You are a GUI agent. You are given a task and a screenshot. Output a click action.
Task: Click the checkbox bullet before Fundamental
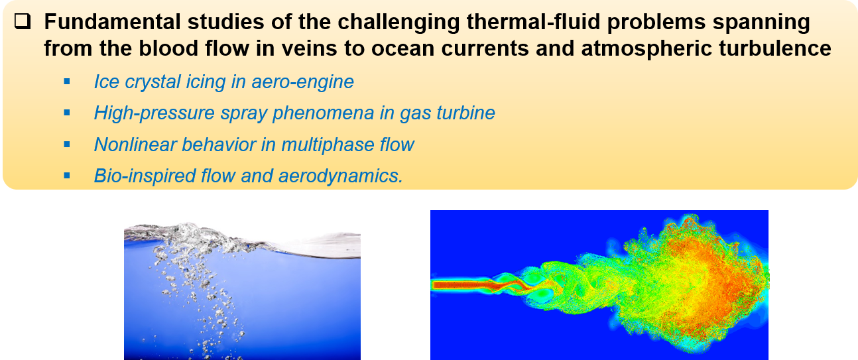[23, 21]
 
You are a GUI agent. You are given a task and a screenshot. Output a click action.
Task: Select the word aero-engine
[302, 82]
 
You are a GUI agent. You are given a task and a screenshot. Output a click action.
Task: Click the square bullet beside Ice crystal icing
[67, 81]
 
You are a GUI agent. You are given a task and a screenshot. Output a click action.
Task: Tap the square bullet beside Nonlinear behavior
[67, 145]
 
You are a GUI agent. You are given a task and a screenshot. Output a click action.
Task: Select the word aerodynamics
[341, 176]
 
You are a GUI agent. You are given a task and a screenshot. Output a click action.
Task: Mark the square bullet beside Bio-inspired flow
[67, 176]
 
